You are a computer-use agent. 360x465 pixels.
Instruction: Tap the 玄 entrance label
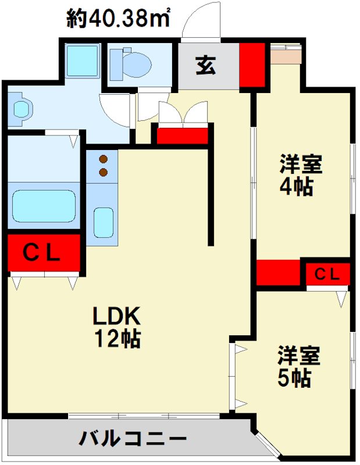[x=205, y=65]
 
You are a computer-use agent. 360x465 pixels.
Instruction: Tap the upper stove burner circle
[x=104, y=159]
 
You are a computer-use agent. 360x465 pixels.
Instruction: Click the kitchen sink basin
[x=104, y=221]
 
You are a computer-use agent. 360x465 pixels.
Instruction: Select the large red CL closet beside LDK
[x=44, y=253]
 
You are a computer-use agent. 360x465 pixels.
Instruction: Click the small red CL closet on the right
[x=327, y=273]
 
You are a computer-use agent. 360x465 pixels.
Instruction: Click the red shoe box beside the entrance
[x=252, y=64]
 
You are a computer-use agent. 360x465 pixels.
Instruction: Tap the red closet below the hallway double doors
[x=183, y=135]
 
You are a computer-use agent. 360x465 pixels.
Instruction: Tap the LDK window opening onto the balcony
[x=144, y=415]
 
